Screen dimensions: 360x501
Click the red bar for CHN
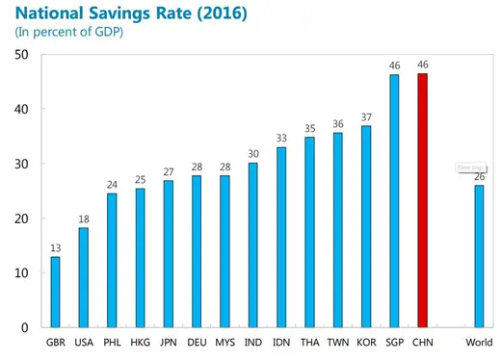[x=422, y=200]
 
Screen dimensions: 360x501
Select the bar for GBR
[x=55, y=292]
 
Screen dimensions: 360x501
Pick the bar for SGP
[x=394, y=201]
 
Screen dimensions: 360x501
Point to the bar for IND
[x=252, y=244]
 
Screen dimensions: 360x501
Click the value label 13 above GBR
[x=55, y=247]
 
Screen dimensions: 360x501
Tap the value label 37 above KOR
[x=366, y=116]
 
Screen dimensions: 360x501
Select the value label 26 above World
[x=479, y=176]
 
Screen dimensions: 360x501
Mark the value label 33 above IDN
[x=281, y=138]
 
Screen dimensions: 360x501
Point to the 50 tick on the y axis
[x=21, y=55]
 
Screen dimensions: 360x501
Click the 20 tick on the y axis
[x=21, y=219]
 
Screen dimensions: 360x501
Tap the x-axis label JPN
[x=168, y=343]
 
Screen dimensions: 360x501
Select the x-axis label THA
[x=309, y=343]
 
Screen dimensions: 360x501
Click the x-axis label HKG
[x=140, y=343]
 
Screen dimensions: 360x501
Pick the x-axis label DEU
[x=197, y=343]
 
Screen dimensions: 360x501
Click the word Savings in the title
[x=131, y=13]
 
